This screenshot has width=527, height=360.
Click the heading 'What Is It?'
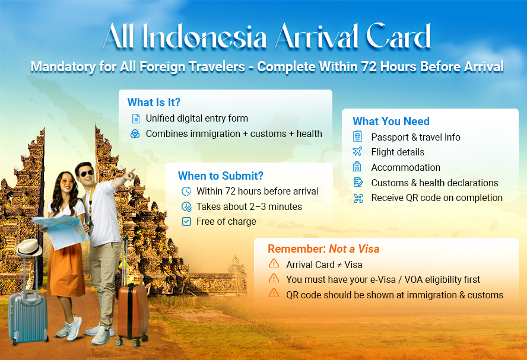coord(154,102)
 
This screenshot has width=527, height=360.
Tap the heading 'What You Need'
coord(391,122)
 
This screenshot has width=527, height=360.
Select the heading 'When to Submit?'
coord(220,176)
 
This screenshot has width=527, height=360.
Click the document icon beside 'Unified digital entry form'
coord(136,119)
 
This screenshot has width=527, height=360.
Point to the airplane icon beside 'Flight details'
coord(357,152)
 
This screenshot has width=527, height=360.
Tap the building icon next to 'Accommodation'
coord(357,167)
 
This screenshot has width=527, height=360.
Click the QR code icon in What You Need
coord(357,198)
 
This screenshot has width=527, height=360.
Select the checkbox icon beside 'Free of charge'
coord(186,222)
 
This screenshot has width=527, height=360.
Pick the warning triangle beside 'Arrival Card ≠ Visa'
coord(274,264)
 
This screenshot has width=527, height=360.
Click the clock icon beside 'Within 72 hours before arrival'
coord(186,191)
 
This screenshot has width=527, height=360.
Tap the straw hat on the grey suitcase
coord(28,247)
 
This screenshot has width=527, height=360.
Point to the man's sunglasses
coord(87,174)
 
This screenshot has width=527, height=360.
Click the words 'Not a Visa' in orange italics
coord(354,249)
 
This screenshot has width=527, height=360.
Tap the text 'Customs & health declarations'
coord(434,183)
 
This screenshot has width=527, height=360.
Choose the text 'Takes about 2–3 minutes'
coord(249,207)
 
